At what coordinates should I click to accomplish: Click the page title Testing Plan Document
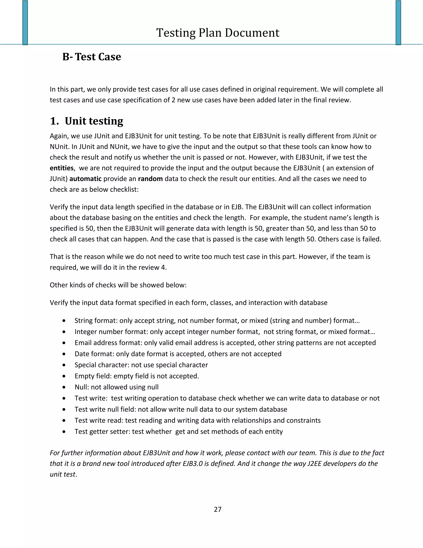[217, 33]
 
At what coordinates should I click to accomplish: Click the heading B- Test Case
[91, 57]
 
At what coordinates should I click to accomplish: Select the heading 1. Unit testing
[87, 121]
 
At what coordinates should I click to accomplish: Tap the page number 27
[217, 509]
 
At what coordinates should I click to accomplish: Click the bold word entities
[62, 168]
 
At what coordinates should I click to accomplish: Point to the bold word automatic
[85, 179]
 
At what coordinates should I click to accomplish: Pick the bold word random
[150, 179]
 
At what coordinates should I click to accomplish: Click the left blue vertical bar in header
[25, 23]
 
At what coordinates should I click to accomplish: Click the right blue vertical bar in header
[398, 23]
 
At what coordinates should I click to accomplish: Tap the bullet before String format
[64, 321]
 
